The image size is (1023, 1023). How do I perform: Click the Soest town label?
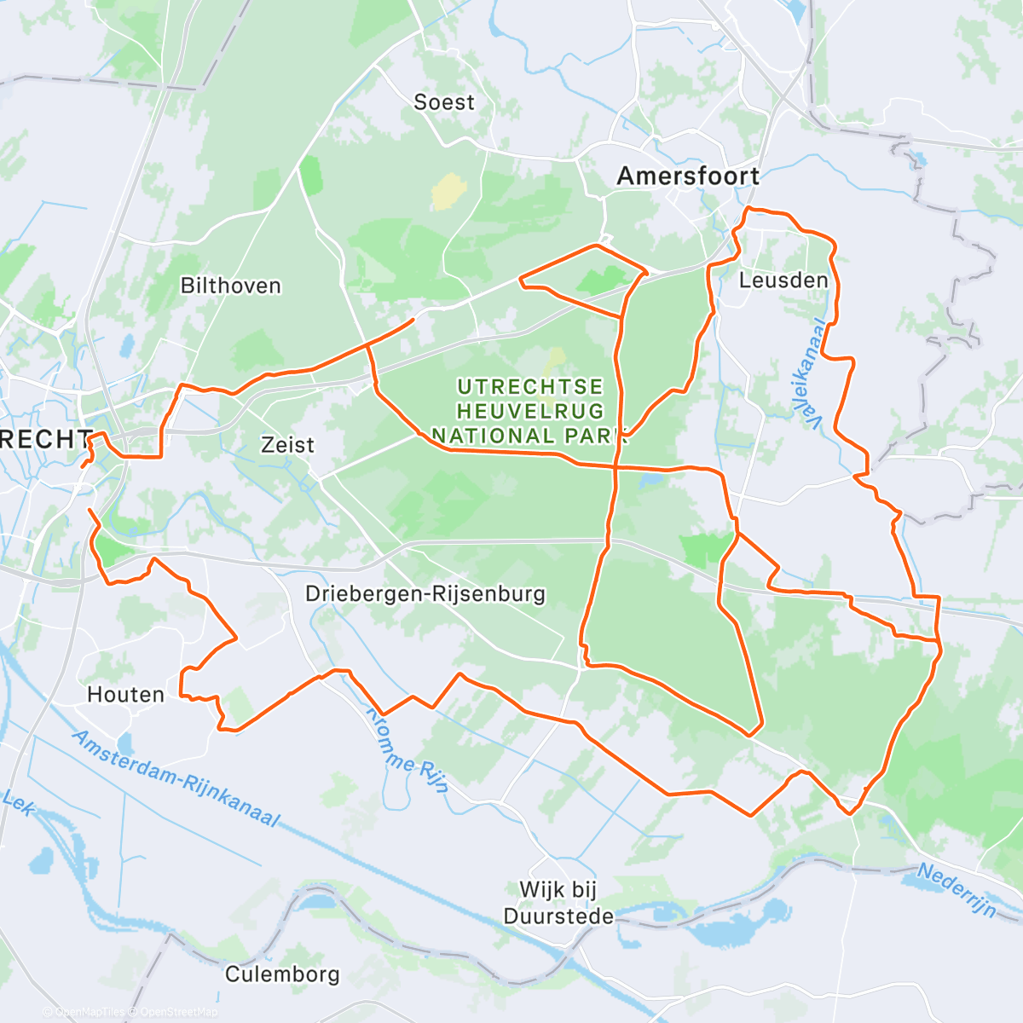point(443,102)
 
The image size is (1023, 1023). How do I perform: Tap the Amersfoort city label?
point(688,176)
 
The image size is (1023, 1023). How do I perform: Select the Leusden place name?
point(783,280)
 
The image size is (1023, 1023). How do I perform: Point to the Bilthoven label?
point(231,286)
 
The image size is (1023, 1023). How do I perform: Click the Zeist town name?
point(287,445)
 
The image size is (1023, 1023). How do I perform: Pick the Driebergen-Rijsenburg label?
point(425,594)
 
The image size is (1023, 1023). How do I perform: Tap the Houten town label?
point(126,695)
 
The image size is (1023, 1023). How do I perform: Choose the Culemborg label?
point(282,974)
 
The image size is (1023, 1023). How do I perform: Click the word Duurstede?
point(558,917)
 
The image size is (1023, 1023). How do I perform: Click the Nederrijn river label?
point(957,890)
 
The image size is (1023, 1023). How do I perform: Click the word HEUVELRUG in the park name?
point(530,412)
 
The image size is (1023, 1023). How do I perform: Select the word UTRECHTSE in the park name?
point(530,388)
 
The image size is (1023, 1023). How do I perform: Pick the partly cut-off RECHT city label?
point(44,440)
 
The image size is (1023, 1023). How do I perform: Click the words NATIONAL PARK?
point(530,436)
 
